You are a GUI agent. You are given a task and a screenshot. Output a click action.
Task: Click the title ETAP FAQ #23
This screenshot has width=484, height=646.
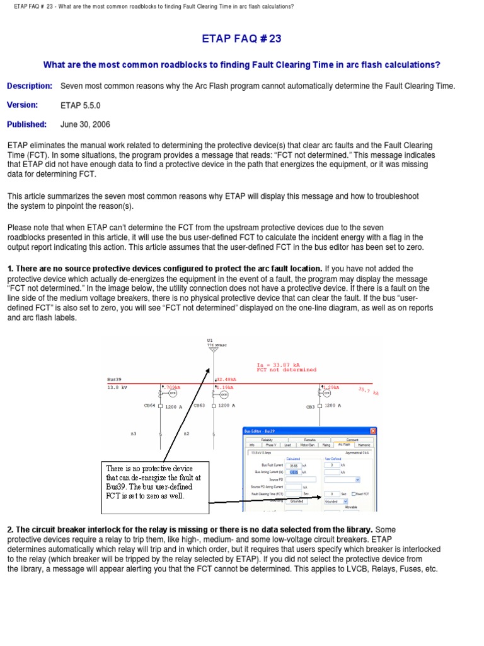pos(241,38)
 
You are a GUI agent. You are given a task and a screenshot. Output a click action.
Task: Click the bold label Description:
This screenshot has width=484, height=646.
pos(29,86)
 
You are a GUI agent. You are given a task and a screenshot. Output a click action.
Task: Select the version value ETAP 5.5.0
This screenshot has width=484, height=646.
pos(80,105)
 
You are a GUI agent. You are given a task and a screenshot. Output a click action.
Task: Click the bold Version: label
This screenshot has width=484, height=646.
pos(23,105)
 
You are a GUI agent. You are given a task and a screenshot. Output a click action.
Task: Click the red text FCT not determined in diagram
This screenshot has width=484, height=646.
pos(287,370)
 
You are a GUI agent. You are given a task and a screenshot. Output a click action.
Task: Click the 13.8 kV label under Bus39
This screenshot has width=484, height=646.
pos(117,387)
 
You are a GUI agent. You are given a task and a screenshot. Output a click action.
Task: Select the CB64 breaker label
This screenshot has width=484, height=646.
pos(150,406)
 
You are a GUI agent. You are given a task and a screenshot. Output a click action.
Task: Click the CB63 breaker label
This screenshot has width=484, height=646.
pos(199,406)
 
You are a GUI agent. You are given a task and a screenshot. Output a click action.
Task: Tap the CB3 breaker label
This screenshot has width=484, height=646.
pos(310,407)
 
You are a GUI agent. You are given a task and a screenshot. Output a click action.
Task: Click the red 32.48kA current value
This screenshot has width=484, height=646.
pos(226,380)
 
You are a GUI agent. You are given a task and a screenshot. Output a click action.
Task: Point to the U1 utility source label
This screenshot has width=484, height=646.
pos(210,340)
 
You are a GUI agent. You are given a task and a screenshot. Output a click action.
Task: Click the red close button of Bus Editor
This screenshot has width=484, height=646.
pos(372,431)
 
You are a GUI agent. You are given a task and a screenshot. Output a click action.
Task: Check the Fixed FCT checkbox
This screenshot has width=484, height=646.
pos(352,494)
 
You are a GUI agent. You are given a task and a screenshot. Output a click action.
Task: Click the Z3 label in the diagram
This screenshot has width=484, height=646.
pos(134,434)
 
